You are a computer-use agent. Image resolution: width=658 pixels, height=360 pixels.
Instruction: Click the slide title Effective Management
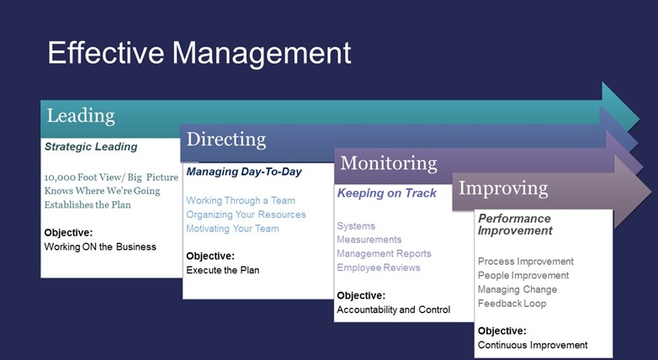(x=199, y=53)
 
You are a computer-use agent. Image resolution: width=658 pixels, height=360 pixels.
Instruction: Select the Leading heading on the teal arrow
(x=81, y=116)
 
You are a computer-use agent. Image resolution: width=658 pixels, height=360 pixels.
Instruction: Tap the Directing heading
(x=226, y=140)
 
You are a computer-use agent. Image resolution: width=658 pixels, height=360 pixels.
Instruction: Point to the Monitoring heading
(x=389, y=163)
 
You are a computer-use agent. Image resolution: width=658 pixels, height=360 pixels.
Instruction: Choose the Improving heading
(x=503, y=188)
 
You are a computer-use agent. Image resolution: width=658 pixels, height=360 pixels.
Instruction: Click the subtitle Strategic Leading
(x=91, y=146)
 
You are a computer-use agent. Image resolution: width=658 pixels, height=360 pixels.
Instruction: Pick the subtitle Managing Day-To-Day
(x=244, y=172)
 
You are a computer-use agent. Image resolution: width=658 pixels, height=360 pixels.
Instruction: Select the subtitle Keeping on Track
(x=387, y=193)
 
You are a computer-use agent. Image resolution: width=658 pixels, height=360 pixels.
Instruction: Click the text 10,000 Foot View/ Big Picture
(x=111, y=177)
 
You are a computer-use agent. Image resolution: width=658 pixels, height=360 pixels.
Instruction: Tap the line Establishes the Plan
(x=88, y=204)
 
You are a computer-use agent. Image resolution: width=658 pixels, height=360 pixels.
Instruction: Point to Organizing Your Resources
(x=246, y=214)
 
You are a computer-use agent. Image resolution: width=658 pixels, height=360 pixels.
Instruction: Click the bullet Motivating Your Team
(x=232, y=229)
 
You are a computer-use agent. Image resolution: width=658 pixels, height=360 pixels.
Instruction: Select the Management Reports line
(x=384, y=253)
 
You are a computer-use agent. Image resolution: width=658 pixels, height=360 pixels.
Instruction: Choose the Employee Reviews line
(x=379, y=267)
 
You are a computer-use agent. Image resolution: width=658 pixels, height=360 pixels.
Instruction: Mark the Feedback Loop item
(x=512, y=304)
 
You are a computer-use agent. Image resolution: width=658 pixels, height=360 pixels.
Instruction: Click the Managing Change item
(x=517, y=289)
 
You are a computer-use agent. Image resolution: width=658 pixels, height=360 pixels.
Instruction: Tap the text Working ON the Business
(x=100, y=246)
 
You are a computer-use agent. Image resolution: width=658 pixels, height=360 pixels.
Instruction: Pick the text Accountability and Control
(x=394, y=310)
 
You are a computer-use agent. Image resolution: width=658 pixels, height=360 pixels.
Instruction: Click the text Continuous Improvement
(x=533, y=345)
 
